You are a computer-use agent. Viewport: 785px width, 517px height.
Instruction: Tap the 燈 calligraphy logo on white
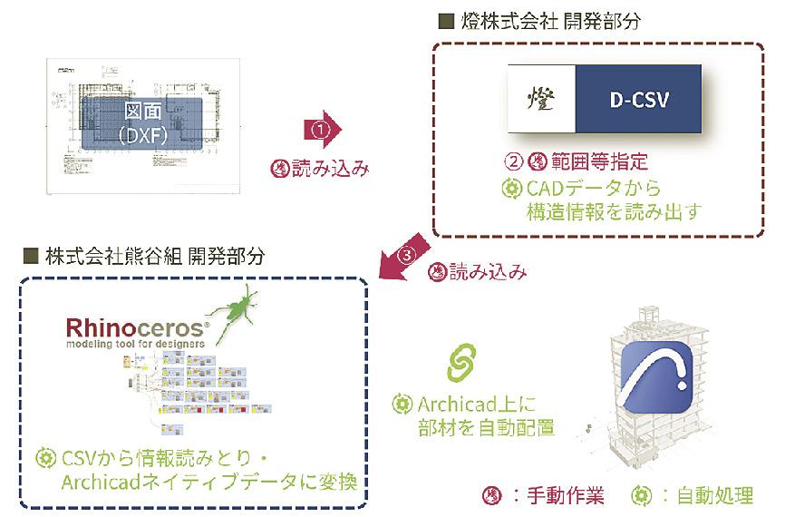point(542,99)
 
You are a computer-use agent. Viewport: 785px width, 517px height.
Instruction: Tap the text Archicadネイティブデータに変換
point(193,480)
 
